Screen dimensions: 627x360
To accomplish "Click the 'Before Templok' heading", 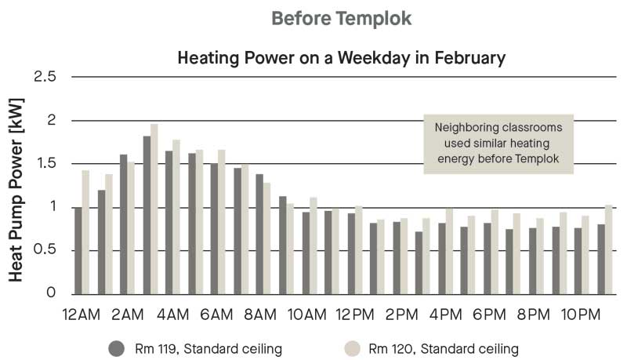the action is coord(342,18).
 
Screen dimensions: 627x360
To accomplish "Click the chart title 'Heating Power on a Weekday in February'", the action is coord(342,57).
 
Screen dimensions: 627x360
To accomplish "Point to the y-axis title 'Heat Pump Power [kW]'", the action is coord(16,190).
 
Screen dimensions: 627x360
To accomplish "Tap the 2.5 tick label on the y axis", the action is coord(45,76).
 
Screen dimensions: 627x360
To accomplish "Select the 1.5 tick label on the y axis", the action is coord(45,164).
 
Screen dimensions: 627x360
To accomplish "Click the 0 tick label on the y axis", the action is coord(51,293).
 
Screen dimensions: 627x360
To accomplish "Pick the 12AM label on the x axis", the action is coord(82,315).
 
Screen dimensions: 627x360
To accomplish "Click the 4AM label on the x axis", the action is coord(172,315).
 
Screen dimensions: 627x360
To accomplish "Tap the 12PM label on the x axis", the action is coord(355,315).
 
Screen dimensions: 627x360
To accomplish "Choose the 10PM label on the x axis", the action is coord(581,315).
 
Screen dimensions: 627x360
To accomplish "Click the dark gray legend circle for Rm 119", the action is coord(116,349).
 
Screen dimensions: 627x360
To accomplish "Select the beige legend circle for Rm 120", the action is coord(352,349).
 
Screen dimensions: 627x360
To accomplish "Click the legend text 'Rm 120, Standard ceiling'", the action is coord(444,349).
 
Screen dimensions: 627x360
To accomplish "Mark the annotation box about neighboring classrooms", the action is coord(498,144).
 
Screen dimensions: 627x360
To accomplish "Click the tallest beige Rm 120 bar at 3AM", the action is coord(154,209).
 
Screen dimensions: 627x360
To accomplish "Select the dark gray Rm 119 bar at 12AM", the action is coord(78,251).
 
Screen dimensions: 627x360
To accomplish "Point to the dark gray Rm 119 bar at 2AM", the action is coord(124,224).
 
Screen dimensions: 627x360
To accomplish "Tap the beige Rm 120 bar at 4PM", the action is coord(449,251).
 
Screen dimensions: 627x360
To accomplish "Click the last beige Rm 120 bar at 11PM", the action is coord(609,250).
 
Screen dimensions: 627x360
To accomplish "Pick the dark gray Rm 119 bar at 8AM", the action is coord(259,235).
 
